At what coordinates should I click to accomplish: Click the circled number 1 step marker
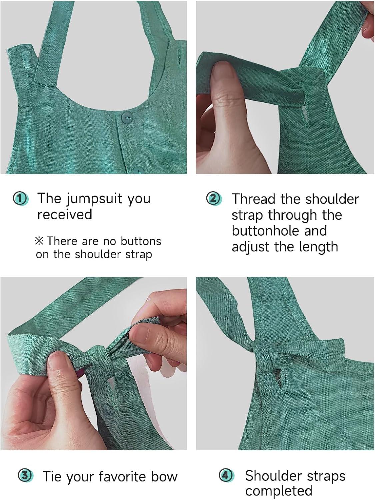click(x=20, y=199)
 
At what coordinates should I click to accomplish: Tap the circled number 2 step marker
click(x=214, y=199)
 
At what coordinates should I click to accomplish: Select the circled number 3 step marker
click(x=26, y=476)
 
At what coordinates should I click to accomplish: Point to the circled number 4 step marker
click(x=226, y=476)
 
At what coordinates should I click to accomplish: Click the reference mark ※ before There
click(x=39, y=241)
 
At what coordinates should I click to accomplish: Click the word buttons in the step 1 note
click(x=141, y=241)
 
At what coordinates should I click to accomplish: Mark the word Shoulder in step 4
click(x=273, y=476)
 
